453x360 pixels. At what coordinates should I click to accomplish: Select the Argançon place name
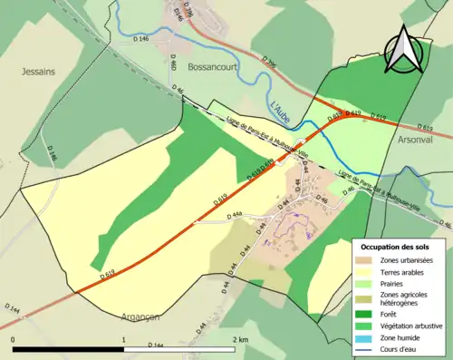140,316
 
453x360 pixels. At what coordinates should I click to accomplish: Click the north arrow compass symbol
404,50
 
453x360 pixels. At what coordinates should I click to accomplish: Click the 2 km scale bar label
240,340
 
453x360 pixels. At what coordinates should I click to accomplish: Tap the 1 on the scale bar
124,340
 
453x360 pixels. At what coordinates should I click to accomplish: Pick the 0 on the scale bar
13,340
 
